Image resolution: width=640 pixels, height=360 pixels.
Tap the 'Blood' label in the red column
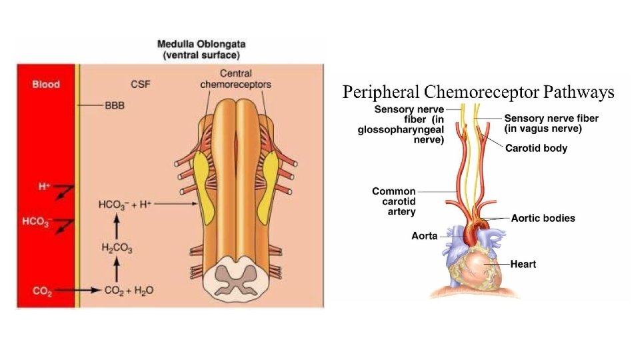tap(46, 84)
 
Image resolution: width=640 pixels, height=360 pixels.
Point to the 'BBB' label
tap(115, 105)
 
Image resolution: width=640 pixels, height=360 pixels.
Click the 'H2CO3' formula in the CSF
tap(117, 248)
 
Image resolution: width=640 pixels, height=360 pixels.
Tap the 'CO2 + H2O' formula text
tap(129, 291)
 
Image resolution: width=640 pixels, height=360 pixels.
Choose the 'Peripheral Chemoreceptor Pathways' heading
tap(478, 92)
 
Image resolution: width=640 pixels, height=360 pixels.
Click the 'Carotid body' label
tap(536, 148)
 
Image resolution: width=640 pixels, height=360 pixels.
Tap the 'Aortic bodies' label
tap(543, 218)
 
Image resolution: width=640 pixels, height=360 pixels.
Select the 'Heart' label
tap(523, 264)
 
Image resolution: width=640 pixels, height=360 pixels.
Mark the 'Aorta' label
tap(425, 236)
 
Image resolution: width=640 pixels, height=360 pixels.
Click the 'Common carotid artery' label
tap(393, 201)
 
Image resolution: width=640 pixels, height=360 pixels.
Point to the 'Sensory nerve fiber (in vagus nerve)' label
tap(551, 123)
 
